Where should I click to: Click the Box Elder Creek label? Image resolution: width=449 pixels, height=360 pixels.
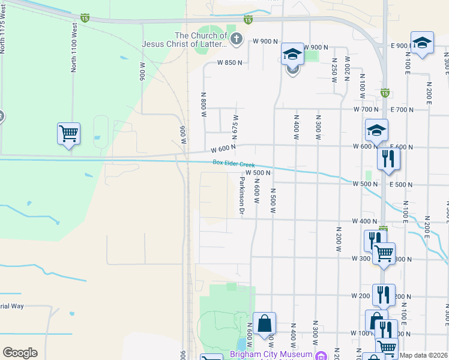pos(234,164)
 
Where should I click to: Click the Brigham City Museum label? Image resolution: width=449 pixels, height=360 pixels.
pos(271,355)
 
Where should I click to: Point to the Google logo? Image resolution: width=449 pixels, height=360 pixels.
pos(20,353)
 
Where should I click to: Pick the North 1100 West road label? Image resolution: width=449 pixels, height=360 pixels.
pos(74,49)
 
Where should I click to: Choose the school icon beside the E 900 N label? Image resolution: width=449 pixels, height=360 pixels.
pos(422,42)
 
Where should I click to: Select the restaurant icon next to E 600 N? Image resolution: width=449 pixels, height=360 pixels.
pos(388,158)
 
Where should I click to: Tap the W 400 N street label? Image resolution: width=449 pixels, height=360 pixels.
pos(364,221)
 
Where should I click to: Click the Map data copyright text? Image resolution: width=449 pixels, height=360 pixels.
pos(424,355)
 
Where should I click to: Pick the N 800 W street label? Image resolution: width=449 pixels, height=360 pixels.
pos(203,103)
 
